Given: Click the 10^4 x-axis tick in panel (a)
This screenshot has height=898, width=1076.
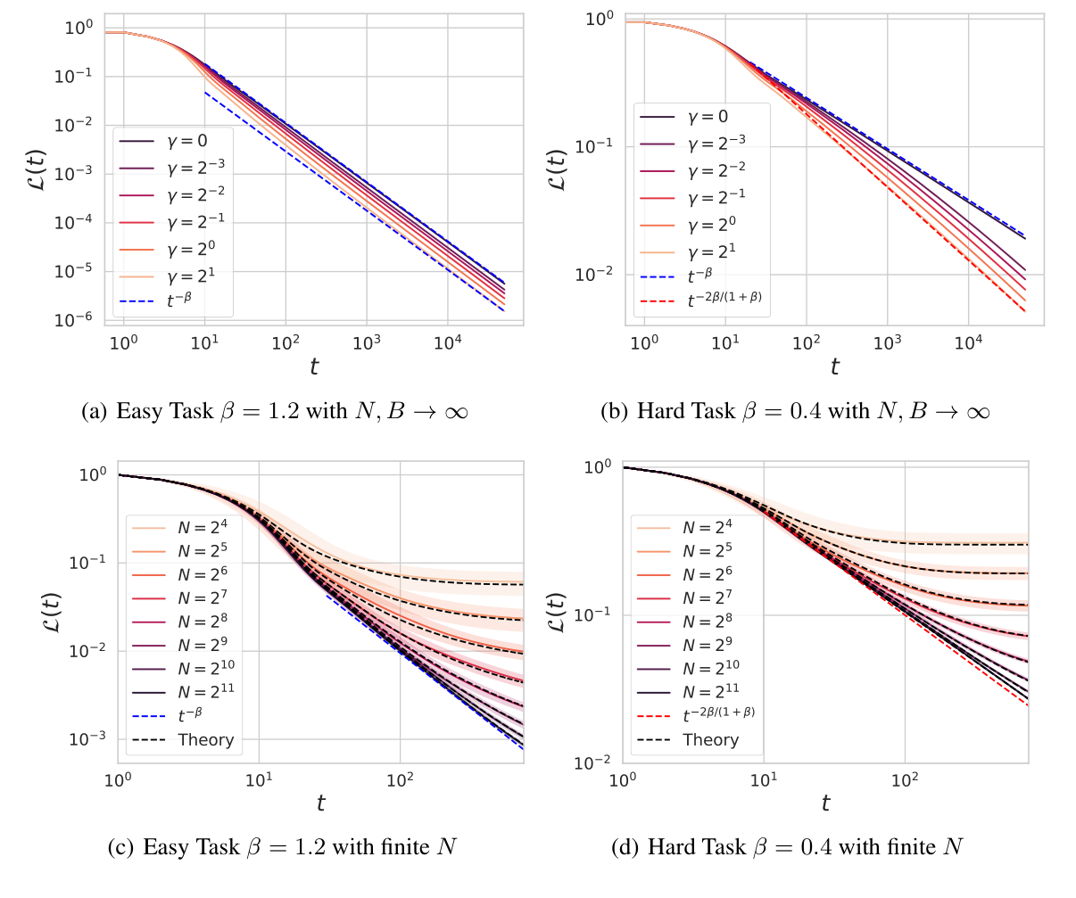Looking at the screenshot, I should (x=447, y=342).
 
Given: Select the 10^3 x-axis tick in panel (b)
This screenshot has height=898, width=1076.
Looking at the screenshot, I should (x=887, y=342).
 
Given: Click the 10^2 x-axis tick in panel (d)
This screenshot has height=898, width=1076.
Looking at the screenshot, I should (x=905, y=780).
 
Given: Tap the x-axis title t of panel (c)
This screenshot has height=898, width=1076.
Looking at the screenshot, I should (x=320, y=803).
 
